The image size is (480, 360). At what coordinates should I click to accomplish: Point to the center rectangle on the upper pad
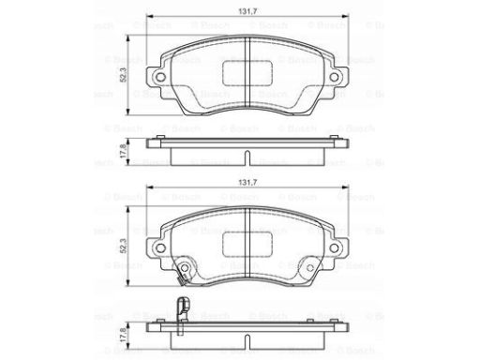(x=245, y=69)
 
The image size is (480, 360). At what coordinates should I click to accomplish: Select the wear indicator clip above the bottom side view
(x=185, y=307)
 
